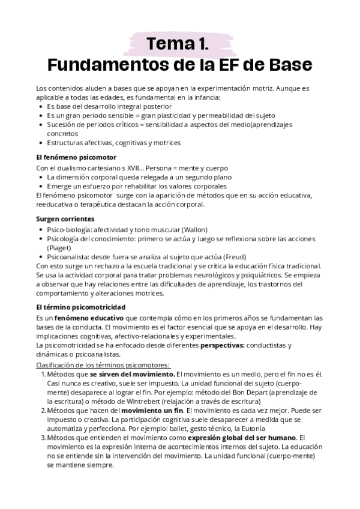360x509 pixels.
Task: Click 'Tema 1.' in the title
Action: coord(178,44)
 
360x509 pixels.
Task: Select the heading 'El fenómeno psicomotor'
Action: coord(76,157)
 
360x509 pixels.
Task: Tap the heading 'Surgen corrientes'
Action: coord(65,219)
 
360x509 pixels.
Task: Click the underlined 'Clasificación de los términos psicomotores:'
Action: coord(103,364)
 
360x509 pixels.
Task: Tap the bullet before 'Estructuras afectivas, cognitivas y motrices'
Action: coord(40,143)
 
